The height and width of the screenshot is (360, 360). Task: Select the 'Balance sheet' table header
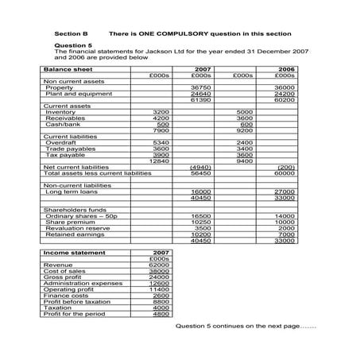click(68, 69)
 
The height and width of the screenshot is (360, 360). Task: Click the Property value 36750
click(201, 87)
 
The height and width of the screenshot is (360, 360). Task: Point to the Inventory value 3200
click(161, 112)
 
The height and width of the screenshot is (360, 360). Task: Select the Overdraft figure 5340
click(161, 142)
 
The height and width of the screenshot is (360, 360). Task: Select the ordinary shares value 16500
click(201, 215)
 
